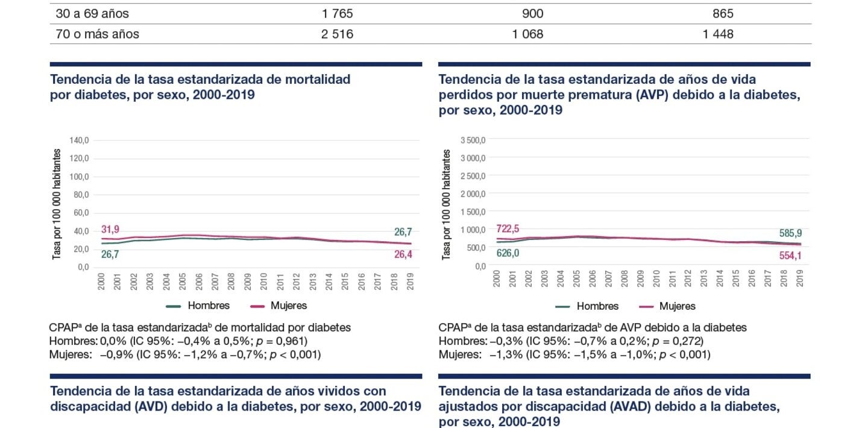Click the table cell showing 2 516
(x=337, y=34)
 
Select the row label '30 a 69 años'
(x=92, y=13)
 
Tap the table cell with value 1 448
(x=718, y=34)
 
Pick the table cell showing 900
(x=527, y=13)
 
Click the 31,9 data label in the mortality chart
(x=110, y=230)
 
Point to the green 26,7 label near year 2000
(x=110, y=254)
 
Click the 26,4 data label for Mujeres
(x=403, y=255)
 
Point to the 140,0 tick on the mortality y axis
(x=80, y=140)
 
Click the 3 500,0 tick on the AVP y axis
(x=473, y=140)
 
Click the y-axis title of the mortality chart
(x=57, y=204)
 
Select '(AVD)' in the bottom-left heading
(x=151, y=406)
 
